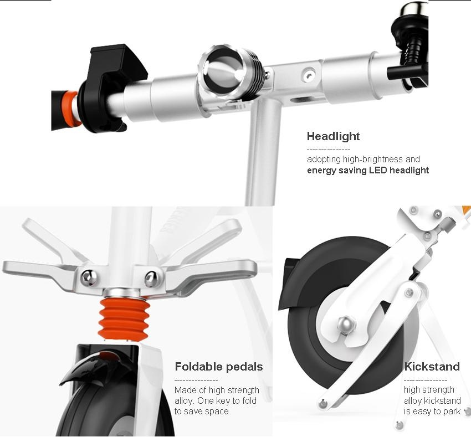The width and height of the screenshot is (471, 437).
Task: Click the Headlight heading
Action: point(333,136)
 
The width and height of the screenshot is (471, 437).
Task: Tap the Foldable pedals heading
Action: point(219,367)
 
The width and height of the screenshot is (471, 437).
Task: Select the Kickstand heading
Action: point(432,367)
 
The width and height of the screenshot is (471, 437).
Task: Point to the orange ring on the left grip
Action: point(69,109)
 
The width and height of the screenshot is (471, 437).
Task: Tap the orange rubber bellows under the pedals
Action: point(124,319)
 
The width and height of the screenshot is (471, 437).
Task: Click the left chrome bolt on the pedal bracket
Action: point(89,278)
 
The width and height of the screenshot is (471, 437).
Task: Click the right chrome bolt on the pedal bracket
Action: point(152,279)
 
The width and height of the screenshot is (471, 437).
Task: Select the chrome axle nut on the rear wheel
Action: point(346,325)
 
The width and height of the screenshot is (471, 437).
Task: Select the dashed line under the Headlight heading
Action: point(329,150)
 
